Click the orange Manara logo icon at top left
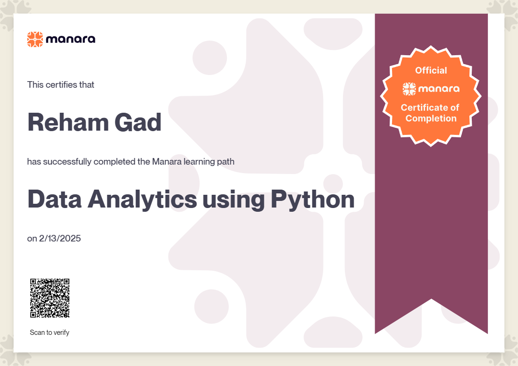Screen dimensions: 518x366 click(x=35, y=39)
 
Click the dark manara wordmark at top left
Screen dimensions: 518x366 click(x=71, y=39)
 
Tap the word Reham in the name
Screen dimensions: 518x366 click(x=68, y=122)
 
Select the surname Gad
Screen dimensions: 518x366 click(x=138, y=122)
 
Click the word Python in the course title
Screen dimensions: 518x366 click(x=312, y=200)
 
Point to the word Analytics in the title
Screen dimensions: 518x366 click(x=142, y=200)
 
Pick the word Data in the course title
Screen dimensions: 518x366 click(x=55, y=199)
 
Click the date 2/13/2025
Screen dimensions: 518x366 click(x=60, y=239)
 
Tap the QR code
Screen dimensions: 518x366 click(x=50, y=298)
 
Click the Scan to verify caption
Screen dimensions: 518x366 click(x=50, y=333)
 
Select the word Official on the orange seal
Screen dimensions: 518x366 click(x=431, y=70)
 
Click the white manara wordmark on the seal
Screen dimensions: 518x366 click(x=439, y=89)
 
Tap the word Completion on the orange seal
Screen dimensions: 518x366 click(x=431, y=118)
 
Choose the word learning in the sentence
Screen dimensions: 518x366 click(x=199, y=162)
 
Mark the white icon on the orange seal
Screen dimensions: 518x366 click(x=409, y=89)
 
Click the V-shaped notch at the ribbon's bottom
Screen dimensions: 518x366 click(x=431, y=299)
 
